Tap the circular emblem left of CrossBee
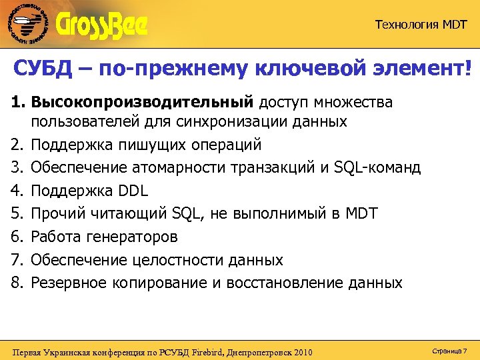28,25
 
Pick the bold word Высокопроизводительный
143,102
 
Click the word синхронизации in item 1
239,121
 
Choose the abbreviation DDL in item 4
131,190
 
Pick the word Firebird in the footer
207,351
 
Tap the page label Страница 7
449,350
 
